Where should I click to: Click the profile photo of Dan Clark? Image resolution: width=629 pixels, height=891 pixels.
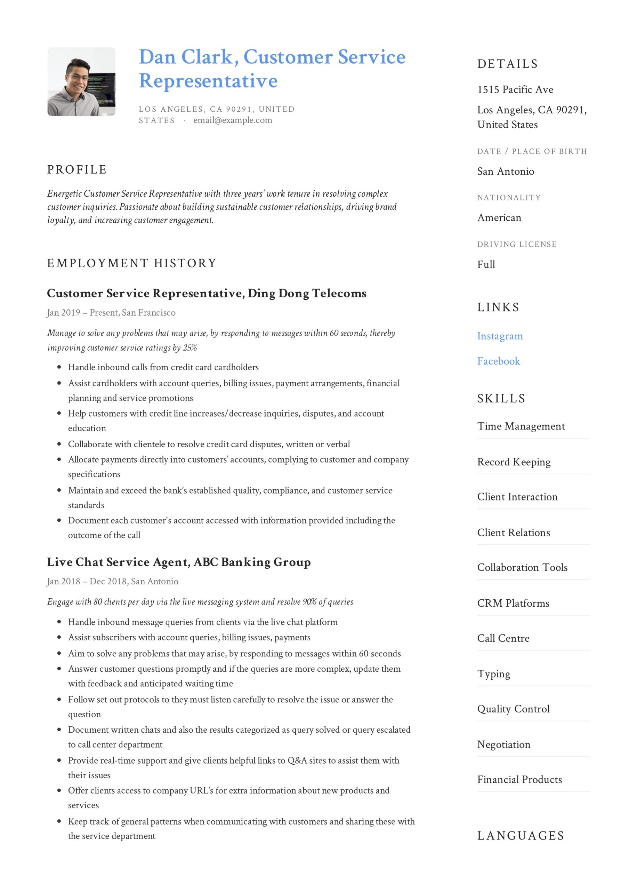click(81, 81)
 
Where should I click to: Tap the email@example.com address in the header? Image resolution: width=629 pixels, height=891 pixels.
click(233, 120)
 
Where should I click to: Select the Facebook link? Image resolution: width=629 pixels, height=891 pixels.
click(498, 361)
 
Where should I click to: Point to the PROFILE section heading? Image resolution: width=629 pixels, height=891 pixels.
click(77, 169)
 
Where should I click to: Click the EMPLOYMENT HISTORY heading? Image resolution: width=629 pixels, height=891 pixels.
click(131, 263)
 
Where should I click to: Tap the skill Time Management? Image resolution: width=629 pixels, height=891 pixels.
click(521, 426)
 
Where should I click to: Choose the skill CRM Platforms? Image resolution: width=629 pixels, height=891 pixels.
click(513, 603)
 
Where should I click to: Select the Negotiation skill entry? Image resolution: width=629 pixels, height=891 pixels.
click(503, 744)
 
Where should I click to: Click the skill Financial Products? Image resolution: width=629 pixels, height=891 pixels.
click(519, 780)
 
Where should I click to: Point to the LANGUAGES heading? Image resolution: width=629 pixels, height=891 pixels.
click(521, 836)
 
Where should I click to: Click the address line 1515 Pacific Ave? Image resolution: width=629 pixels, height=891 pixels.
click(515, 90)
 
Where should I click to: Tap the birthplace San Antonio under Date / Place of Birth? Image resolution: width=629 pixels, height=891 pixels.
click(505, 172)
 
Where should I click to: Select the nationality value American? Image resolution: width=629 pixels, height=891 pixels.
click(499, 218)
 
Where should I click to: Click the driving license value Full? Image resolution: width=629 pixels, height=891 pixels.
click(486, 265)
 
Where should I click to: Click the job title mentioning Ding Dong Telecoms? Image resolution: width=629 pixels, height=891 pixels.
click(206, 293)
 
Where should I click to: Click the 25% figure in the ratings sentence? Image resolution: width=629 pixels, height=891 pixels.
click(190, 348)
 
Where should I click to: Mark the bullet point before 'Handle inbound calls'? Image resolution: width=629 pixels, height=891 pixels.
click(59, 367)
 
